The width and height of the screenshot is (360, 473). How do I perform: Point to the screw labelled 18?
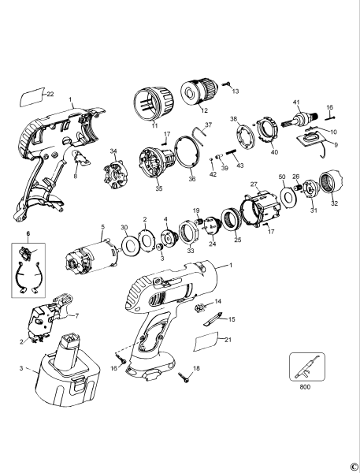pos(184,378)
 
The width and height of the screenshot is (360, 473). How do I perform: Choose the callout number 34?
pos(113,151)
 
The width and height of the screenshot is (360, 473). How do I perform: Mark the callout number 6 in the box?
pos(29,235)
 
